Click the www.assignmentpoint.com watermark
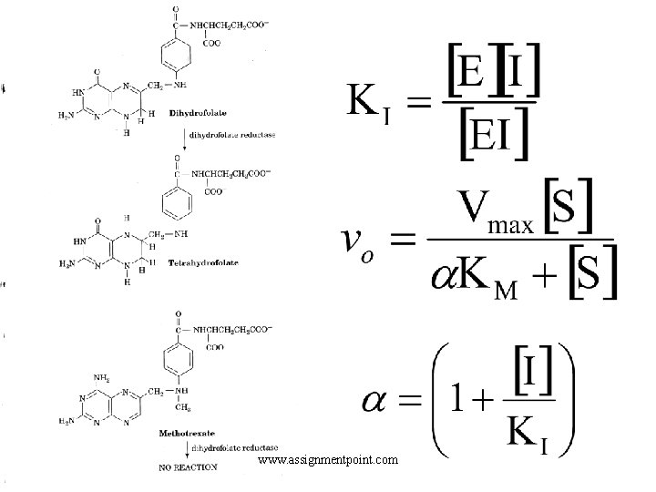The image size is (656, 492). coord(328,460)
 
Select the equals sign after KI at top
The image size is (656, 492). coord(417,103)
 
